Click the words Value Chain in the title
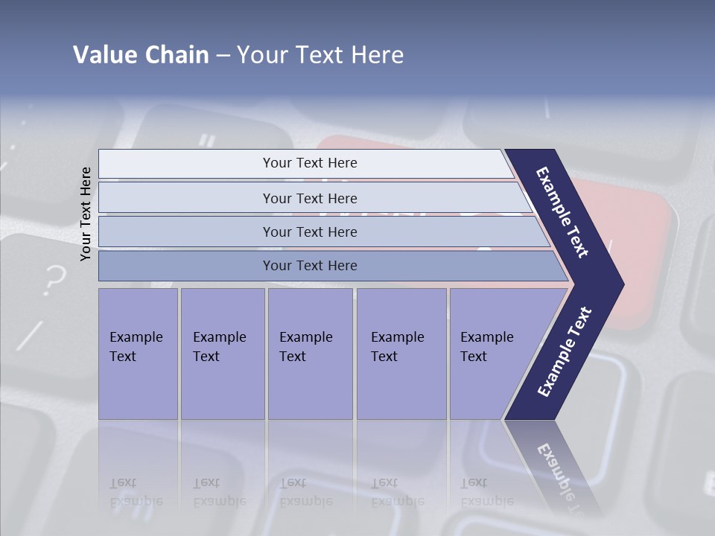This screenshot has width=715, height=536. click(x=141, y=55)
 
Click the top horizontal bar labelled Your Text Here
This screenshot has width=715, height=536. click(x=310, y=163)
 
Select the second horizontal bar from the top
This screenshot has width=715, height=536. click(x=310, y=198)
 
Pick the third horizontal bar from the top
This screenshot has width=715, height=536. click(x=310, y=232)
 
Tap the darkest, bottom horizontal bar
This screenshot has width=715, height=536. click(x=310, y=266)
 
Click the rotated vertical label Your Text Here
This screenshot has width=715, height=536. click(x=86, y=214)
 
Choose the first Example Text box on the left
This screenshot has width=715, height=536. click(x=138, y=354)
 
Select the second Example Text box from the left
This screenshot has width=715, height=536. click(x=222, y=354)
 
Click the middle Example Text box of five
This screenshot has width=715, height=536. click(x=310, y=354)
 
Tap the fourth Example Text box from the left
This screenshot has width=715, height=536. click(x=401, y=354)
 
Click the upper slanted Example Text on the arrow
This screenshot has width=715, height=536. click(x=563, y=212)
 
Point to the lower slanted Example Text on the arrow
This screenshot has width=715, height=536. click(x=565, y=352)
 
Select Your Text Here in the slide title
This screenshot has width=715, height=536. click(x=320, y=55)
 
